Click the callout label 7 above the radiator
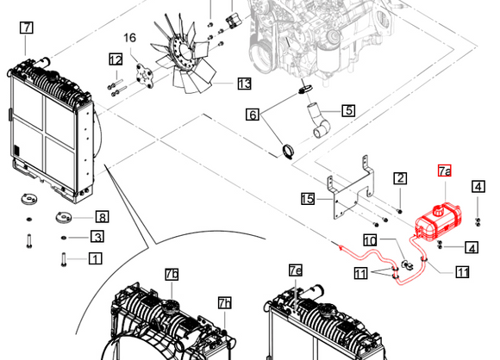pyautogui.click(x=26, y=28)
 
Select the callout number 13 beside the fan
pyautogui.click(x=245, y=84)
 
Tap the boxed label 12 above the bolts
pyautogui.click(x=116, y=59)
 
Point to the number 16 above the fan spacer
pyautogui.click(x=130, y=38)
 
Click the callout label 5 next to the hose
pyautogui.click(x=348, y=110)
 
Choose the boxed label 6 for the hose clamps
pyautogui.click(x=253, y=115)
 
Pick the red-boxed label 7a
pyautogui.click(x=445, y=171)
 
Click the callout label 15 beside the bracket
pyautogui.click(x=308, y=199)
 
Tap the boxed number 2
pyautogui.click(x=400, y=178)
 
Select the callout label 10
pyautogui.click(x=370, y=240)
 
